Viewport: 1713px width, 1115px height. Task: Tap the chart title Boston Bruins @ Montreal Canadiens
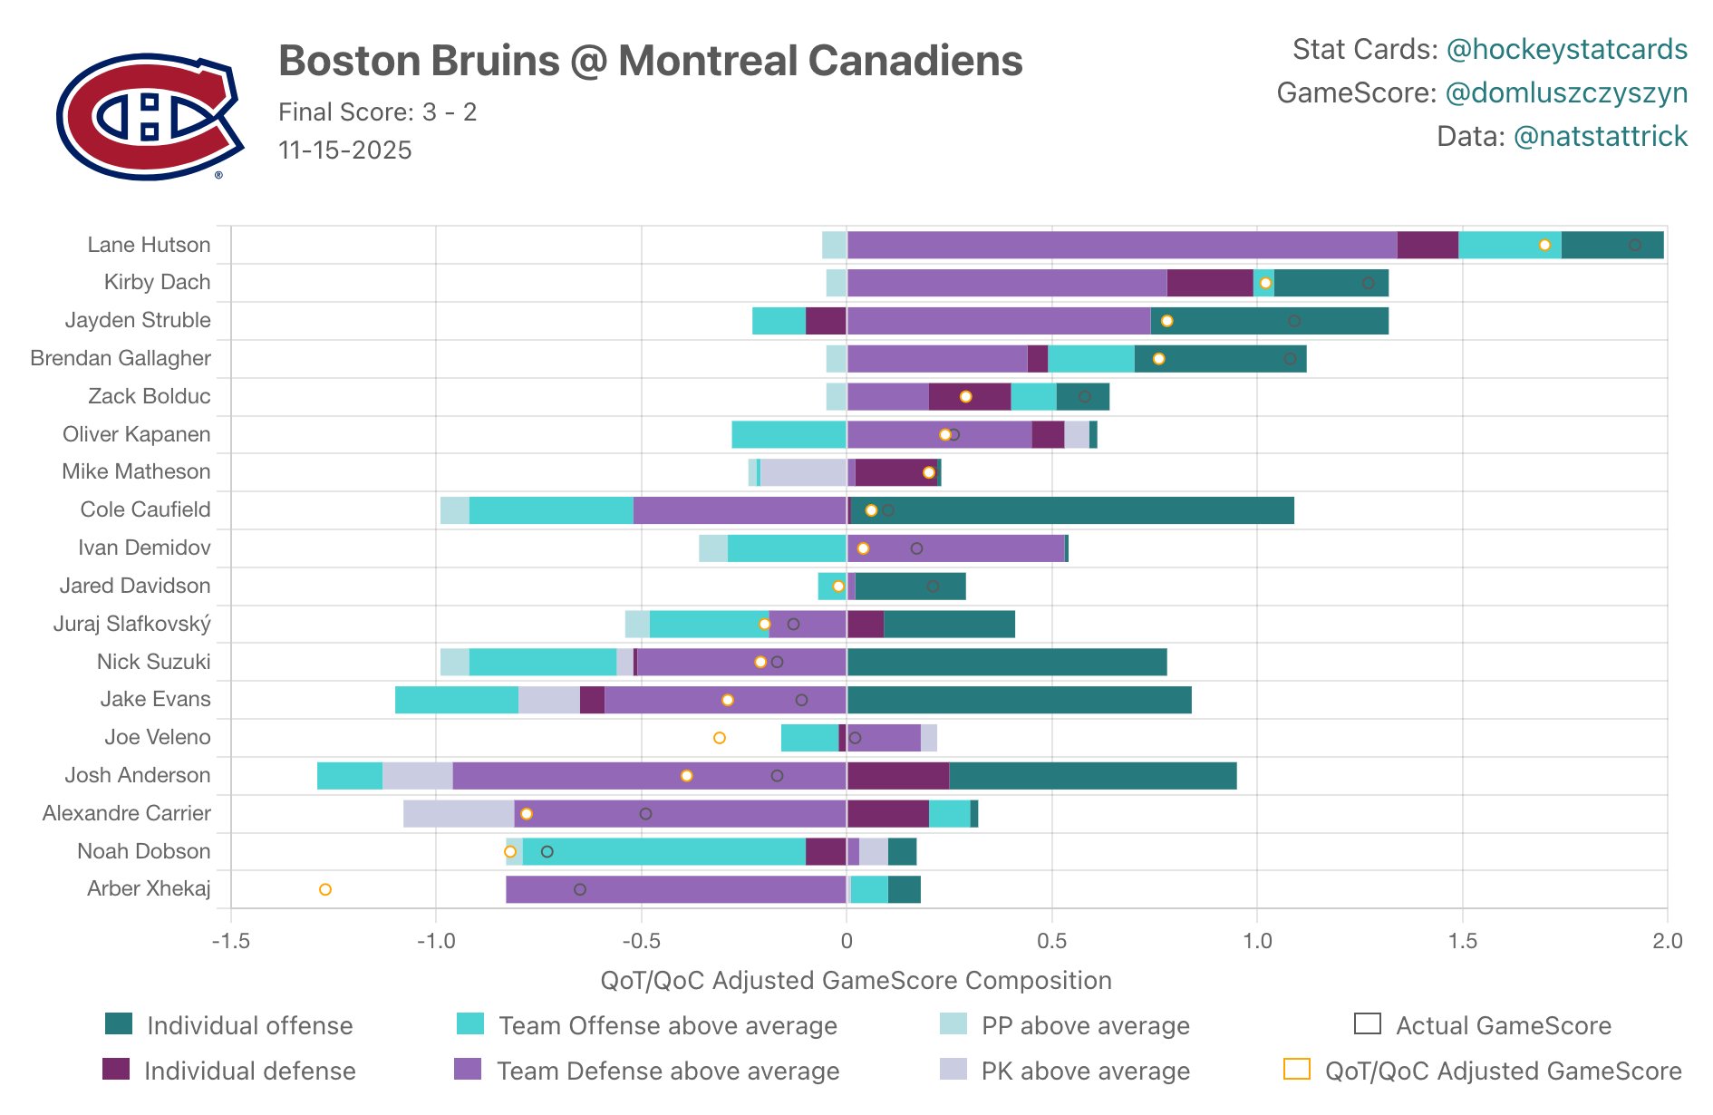[650, 62]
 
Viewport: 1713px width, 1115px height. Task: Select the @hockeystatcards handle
[1566, 49]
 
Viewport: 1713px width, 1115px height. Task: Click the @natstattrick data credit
[1600, 136]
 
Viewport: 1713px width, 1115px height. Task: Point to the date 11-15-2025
[344, 150]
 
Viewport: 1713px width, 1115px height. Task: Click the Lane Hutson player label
[149, 245]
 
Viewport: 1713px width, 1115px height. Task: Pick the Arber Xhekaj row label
[149, 888]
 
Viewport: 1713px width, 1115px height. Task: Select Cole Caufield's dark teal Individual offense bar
[1071, 510]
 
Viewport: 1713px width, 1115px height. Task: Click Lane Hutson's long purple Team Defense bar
[1121, 245]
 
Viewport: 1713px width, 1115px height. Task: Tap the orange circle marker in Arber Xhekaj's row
[325, 889]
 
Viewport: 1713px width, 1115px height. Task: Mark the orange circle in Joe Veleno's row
[720, 738]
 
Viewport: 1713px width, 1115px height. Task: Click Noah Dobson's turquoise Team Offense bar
[663, 851]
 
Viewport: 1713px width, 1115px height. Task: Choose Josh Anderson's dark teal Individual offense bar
[1092, 776]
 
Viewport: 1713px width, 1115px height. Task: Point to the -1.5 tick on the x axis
[230, 940]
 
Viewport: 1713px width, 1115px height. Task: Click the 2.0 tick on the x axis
[1667, 940]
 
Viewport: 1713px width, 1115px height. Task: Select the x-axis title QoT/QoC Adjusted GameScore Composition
[856, 980]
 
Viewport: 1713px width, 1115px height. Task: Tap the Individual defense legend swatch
[116, 1070]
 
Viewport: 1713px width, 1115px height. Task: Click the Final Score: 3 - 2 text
[377, 111]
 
